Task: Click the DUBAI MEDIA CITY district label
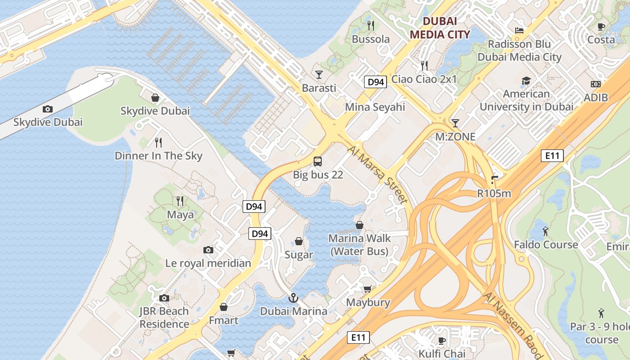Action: (x=440, y=28)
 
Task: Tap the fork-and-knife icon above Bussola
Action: (x=371, y=25)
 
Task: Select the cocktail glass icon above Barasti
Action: (x=319, y=74)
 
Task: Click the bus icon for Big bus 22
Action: (x=318, y=161)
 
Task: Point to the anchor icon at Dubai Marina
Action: (x=293, y=298)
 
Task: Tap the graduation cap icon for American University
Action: (x=526, y=81)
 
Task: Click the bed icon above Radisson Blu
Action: (x=519, y=31)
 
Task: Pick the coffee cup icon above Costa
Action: (x=601, y=27)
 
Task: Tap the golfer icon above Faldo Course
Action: (x=546, y=231)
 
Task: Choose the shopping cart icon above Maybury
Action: (x=368, y=289)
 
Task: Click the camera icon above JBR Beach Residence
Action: (x=164, y=298)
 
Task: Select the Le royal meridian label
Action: (x=208, y=263)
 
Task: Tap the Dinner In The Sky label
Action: (x=158, y=156)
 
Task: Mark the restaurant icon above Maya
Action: (x=180, y=201)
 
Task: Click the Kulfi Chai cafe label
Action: (x=442, y=353)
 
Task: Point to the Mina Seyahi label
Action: (x=375, y=107)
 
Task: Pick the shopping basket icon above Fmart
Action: (x=224, y=307)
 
